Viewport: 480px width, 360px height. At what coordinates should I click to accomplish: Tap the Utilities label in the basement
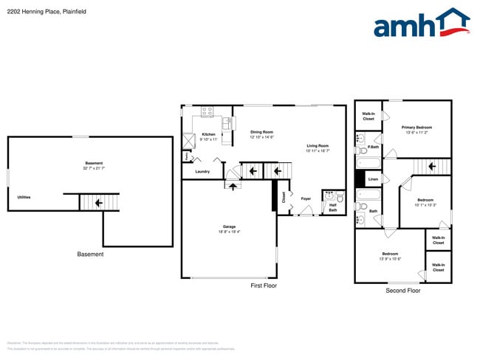click(x=24, y=198)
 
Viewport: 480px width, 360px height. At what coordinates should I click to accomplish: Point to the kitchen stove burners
click(x=207, y=112)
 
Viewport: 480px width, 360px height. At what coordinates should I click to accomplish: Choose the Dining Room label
click(x=261, y=132)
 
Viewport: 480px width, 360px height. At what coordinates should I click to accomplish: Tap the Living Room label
click(x=318, y=146)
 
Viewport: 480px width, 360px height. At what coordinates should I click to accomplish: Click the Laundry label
click(x=202, y=172)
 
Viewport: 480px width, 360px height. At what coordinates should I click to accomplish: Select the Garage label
click(x=229, y=226)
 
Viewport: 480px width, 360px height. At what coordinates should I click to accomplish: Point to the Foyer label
click(x=305, y=198)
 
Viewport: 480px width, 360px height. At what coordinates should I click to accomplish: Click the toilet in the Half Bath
click(x=339, y=198)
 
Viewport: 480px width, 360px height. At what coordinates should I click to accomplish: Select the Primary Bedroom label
click(x=418, y=128)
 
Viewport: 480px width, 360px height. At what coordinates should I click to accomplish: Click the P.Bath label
click(x=374, y=147)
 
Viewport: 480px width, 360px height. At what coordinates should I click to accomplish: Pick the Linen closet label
click(x=373, y=179)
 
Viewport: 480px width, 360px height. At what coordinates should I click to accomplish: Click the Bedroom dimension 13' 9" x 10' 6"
click(x=389, y=258)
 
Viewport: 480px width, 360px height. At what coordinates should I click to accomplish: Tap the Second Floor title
click(x=402, y=291)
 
